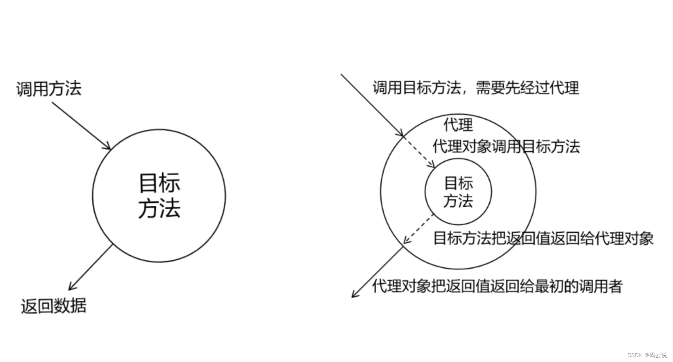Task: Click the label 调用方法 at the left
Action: tap(49, 89)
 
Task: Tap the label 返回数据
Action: tap(53, 306)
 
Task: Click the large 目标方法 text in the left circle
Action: tap(159, 195)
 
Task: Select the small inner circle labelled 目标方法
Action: tap(458, 192)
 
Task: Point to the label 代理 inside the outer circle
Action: tap(458, 124)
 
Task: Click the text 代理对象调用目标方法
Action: tap(506, 147)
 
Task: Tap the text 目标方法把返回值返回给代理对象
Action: tap(543, 238)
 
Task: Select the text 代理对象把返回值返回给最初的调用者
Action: tap(497, 286)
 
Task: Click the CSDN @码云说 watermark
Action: tap(647, 355)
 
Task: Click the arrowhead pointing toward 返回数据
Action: tap(71, 288)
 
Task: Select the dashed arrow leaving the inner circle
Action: tap(418, 229)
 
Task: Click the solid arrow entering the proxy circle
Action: tap(372, 105)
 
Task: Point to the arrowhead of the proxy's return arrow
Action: tap(354, 295)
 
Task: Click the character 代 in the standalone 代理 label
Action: tap(451, 124)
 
